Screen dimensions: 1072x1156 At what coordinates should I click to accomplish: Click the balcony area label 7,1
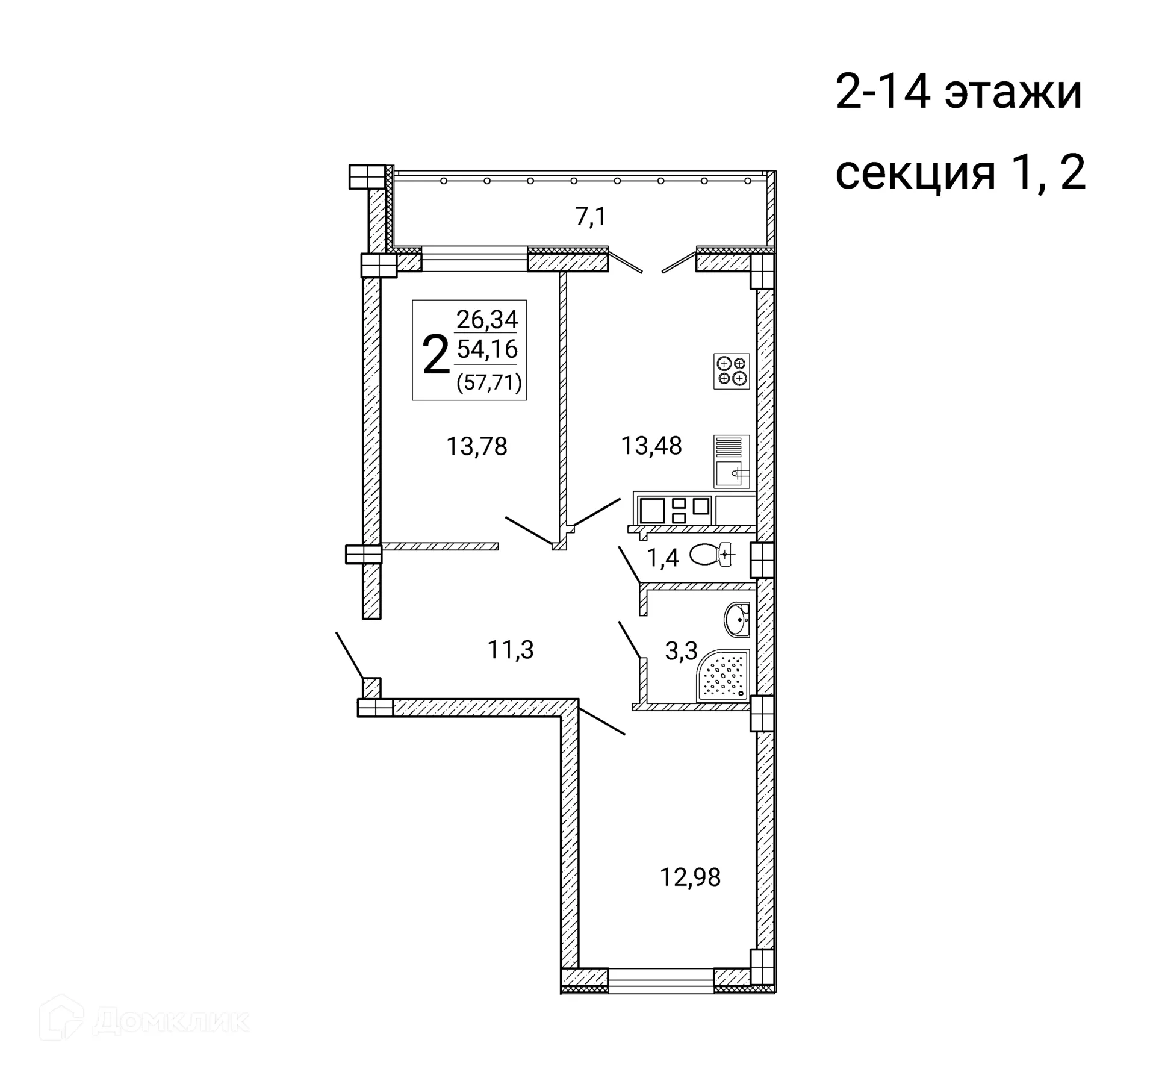coord(591,217)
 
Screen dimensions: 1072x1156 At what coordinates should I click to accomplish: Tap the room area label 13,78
coord(477,447)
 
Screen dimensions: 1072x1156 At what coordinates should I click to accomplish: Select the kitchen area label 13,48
coord(651,446)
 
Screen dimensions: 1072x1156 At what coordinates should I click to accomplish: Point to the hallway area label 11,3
coord(511,650)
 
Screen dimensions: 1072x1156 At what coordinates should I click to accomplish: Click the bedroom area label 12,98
coord(690,877)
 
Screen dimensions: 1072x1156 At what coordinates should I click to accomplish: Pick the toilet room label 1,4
coord(662,558)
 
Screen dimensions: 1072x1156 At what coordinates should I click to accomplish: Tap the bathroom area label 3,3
coord(681,651)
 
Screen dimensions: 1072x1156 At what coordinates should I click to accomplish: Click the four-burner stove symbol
coord(732,371)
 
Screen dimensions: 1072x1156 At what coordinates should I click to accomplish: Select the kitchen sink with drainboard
coord(732,461)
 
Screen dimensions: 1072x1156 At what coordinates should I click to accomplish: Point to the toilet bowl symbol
coord(711,554)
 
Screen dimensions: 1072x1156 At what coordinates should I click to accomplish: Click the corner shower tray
coord(723,675)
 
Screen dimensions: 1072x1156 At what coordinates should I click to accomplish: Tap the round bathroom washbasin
coord(737,619)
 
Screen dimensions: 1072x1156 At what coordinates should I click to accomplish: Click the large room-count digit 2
coord(436,355)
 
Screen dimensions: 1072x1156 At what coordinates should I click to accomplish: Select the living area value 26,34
coord(487,319)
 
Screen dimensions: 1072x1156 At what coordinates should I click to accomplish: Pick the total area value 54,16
coord(487,349)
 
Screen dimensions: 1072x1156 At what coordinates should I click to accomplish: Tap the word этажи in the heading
coord(1013,93)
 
